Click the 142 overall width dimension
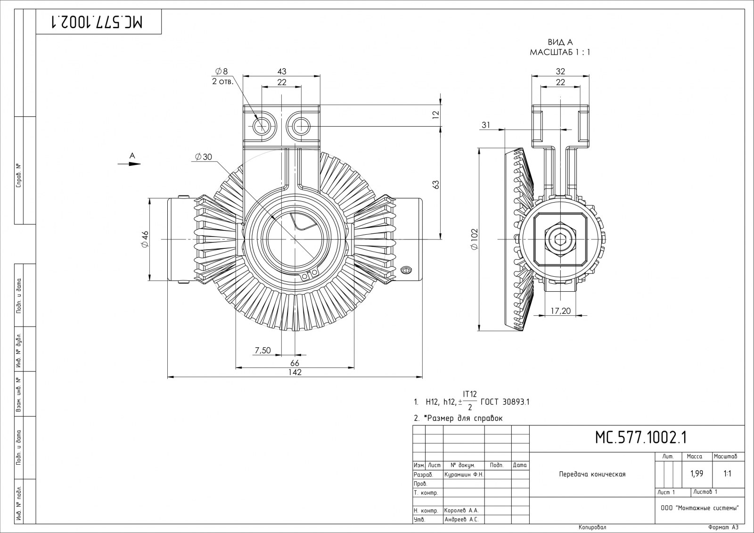pos(295,372)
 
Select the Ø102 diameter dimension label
pos(474,239)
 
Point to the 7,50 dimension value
pos(262,350)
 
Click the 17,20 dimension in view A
pos(560,311)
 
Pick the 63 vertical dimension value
pos(436,184)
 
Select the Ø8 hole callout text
pos(221,71)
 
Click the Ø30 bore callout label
pos(203,157)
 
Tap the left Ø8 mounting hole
pos(261,126)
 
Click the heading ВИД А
pos(560,42)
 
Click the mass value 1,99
pos(697,474)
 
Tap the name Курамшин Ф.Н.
pos(464,475)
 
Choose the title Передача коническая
pos(592,474)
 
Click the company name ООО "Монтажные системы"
pos(699,508)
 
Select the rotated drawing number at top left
pos(98,22)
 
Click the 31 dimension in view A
pos(486,125)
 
